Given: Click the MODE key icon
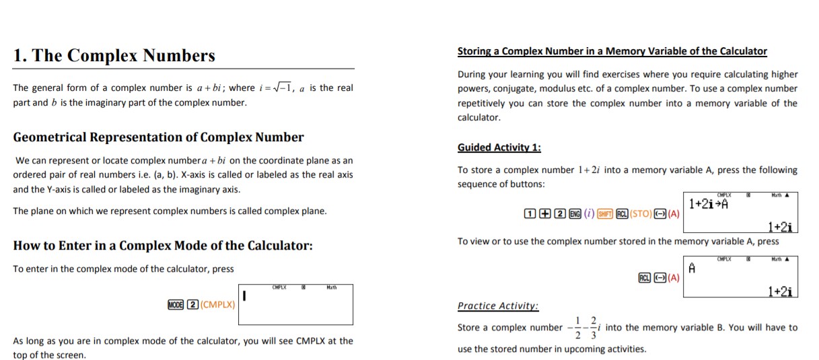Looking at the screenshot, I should point(176,303).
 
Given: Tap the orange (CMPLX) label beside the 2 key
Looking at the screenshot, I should point(217,303).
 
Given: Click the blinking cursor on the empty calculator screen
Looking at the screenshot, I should point(246,296).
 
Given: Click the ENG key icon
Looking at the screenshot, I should point(575,214).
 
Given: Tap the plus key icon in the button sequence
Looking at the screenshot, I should point(546,214).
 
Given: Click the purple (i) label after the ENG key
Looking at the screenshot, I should point(589,214).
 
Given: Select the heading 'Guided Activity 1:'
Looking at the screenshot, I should point(499,147).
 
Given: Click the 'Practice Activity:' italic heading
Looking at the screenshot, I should point(497,305).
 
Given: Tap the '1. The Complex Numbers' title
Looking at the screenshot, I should point(114,55).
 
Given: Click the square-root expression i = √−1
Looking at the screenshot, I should point(278,88).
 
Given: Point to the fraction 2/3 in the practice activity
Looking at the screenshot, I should point(593,327).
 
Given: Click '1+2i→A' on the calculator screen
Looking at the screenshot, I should point(710,204).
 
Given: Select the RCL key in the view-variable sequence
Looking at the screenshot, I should point(644,277).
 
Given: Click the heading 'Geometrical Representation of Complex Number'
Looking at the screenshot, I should point(158,137).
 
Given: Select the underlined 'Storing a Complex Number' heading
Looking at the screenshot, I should point(612,51).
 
